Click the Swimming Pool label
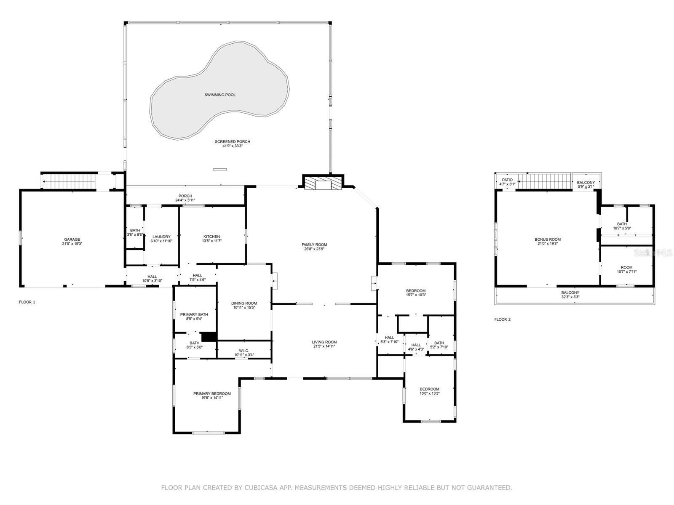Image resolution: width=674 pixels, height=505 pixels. coord(220,95)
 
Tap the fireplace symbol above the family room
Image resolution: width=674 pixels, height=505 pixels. coord(323,183)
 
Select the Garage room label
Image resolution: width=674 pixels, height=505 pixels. coord(72,239)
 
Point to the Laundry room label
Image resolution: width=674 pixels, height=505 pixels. coord(161,237)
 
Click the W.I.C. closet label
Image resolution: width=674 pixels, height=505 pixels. coord(244,351)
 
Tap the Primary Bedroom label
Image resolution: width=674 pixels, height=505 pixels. coord(212,393)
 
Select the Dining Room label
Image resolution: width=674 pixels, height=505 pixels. coord(244,303)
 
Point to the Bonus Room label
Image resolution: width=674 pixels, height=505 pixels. coord(548,239)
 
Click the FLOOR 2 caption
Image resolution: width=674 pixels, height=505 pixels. coord(502,319)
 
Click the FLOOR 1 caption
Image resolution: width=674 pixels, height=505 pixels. coord(27,302)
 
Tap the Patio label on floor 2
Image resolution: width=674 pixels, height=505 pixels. coord(507,180)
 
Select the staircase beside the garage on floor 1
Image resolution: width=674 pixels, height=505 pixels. coord(70,182)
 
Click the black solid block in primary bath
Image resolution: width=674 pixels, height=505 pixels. coord(209,337)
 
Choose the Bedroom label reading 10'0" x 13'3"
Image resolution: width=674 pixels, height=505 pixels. coord(429,393)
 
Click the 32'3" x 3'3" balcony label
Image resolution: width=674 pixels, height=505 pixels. coord(570,297)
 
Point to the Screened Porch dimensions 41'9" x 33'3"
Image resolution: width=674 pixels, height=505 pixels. coord(233,146)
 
